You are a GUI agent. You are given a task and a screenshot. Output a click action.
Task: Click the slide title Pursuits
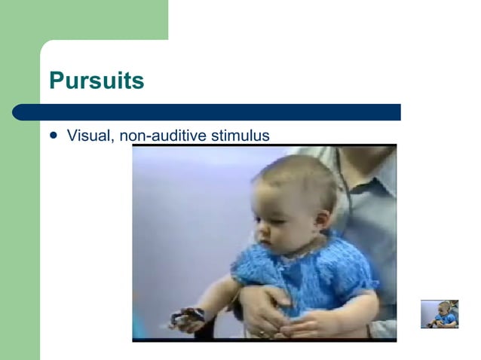pyautogui.click(x=96, y=81)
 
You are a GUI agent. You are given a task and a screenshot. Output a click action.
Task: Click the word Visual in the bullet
pyautogui.click(x=87, y=136)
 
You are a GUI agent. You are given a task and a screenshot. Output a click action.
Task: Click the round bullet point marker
pyautogui.click(x=53, y=136)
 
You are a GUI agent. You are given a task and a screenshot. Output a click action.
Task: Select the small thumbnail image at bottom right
pyautogui.click(x=440, y=313)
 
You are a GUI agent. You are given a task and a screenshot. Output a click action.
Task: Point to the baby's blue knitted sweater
pyautogui.click(x=302, y=275)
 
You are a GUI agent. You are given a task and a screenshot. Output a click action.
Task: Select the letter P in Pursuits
pyautogui.click(x=57, y=81)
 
